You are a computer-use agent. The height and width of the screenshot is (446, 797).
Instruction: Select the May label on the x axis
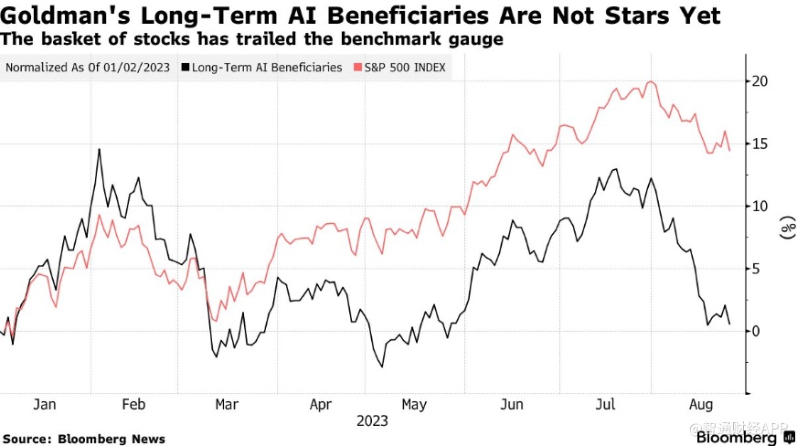click(x=414, y=404)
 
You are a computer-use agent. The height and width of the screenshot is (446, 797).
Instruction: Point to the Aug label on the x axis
click(x=701, y=404)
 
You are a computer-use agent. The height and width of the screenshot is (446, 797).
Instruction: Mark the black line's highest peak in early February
click(x=99, y=149)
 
